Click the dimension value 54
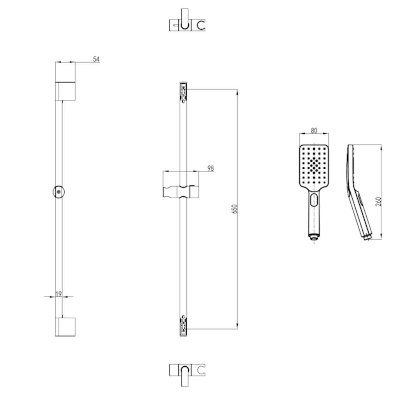(96, 59)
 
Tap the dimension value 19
(58, 294)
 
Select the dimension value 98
(210, 168)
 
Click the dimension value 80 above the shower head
(314, 131)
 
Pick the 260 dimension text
(378, 201)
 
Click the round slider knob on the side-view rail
(58, 191)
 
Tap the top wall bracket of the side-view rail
(65, 91)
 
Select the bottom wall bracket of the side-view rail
(65, 327)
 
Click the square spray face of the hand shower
(314, 165)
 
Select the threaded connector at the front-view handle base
(314, 236)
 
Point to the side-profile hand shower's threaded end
(367, 236)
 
